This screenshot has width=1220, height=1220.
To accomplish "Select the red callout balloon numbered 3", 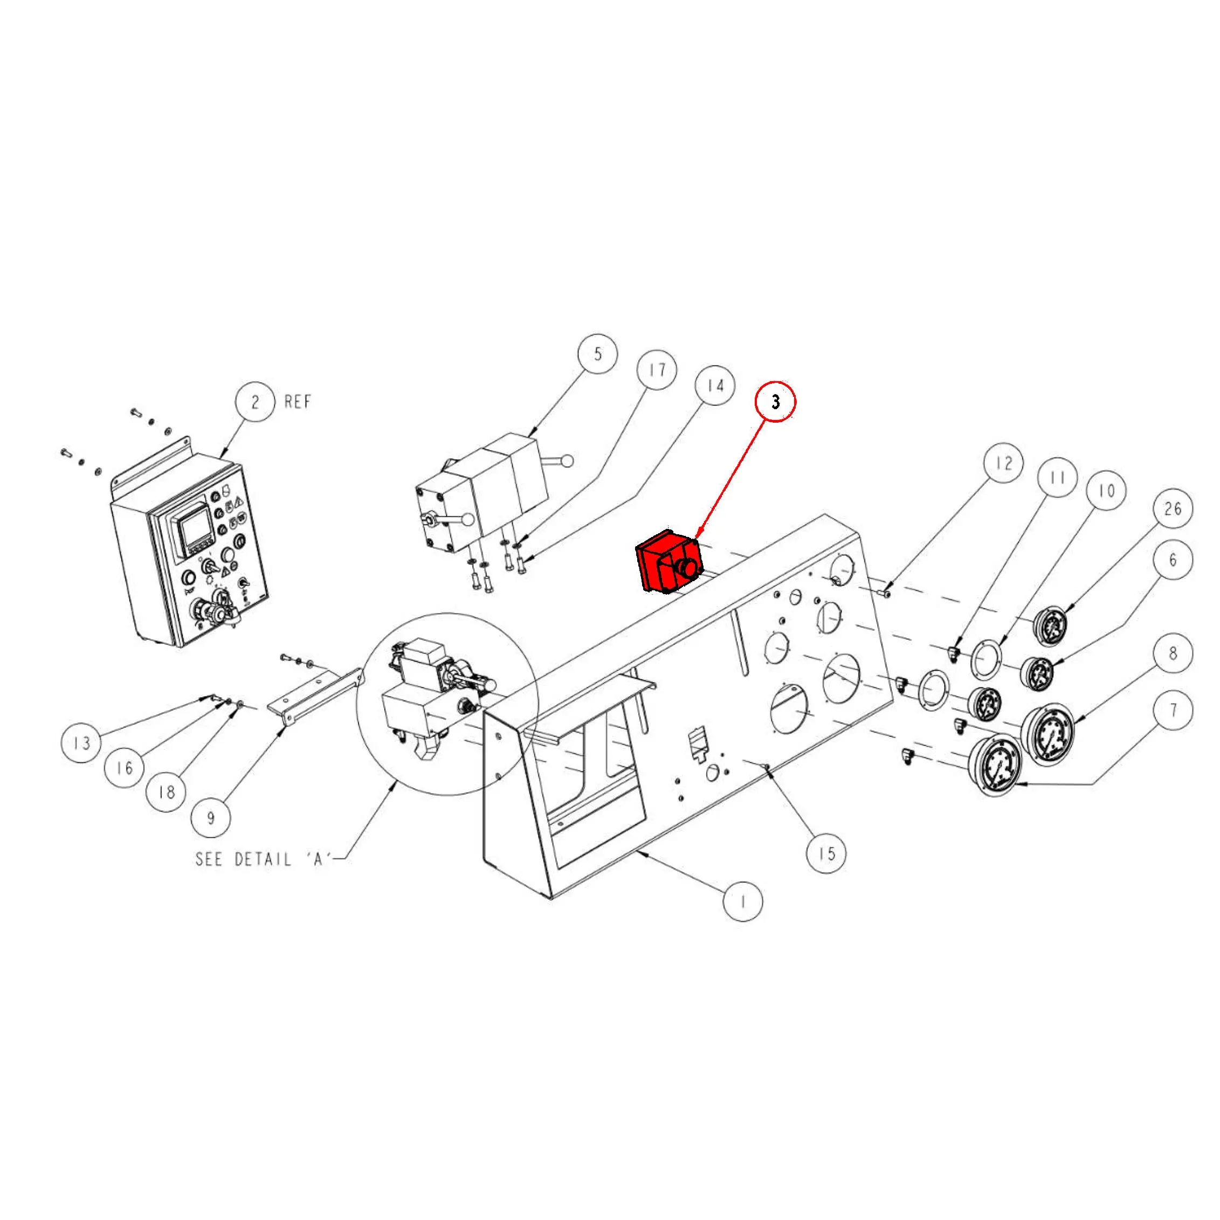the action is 775,402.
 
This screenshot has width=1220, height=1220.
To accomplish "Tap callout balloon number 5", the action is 598,354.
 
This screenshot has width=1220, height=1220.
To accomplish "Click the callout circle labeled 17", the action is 657,370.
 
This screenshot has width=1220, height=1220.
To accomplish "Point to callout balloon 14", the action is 715,386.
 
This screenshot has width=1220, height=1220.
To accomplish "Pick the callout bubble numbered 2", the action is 255,402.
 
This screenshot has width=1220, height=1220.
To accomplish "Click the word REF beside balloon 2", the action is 298,402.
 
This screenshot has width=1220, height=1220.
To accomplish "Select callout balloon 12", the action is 1004,463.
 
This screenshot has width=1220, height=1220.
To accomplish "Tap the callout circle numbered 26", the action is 1173,508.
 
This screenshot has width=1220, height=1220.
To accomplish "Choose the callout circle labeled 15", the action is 826,854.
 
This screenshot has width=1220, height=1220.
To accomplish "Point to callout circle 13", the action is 81,743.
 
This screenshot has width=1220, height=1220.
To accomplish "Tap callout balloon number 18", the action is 166,792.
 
